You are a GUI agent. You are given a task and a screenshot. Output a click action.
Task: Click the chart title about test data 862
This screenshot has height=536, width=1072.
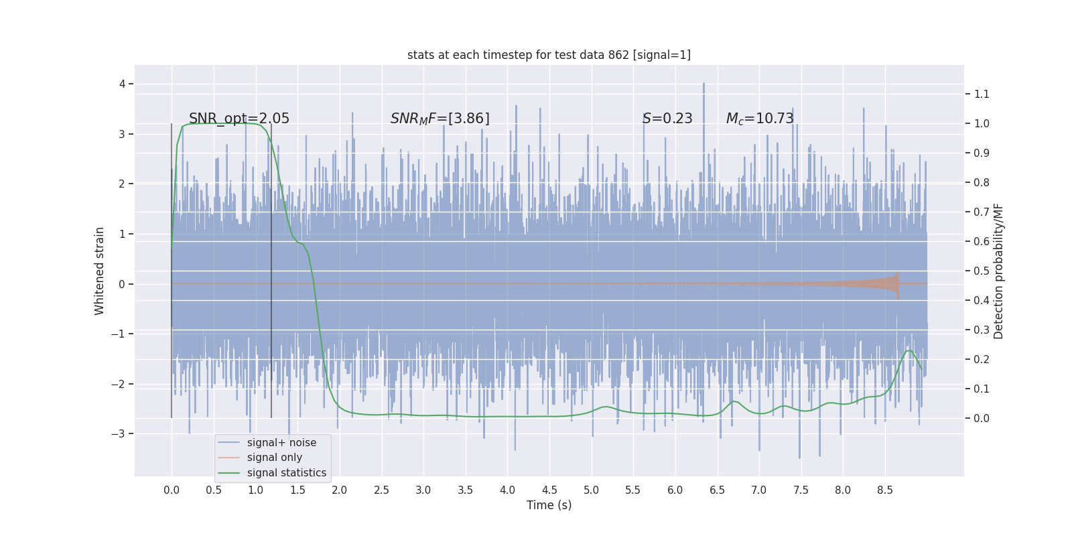pos(549,55)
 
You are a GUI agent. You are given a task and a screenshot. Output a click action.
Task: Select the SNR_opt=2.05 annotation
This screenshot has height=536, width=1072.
pos(239,119)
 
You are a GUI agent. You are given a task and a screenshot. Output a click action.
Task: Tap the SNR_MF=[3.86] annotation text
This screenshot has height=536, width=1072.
pos(440,119)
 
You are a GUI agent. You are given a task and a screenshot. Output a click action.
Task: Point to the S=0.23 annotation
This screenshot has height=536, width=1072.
pos(667,119)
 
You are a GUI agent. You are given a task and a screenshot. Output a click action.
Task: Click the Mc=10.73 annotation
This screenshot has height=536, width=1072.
pos(760,119)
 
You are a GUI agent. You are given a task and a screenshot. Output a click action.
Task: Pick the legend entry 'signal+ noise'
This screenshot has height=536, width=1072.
pos(281,443)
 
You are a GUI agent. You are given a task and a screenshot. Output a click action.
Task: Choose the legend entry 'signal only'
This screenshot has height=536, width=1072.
pos(274,458)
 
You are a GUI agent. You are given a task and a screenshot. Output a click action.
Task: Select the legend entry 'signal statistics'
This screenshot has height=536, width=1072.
pos(286,473)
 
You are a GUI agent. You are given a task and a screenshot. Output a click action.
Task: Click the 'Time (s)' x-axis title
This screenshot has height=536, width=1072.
pos(549,505)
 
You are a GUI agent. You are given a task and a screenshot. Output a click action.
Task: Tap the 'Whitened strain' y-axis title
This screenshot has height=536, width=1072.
pos(100,271)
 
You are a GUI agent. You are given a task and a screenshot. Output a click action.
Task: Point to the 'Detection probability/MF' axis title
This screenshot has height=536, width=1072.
pos(998,271)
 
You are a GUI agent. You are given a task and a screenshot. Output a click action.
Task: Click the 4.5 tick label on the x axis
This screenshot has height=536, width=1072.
pos(549,490)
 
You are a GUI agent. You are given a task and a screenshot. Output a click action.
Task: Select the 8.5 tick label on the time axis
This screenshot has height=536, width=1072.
pos(884,490)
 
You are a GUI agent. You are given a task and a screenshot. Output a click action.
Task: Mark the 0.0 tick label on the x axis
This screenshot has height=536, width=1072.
pos(172,490)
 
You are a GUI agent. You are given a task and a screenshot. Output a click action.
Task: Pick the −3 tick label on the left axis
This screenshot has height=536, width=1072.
pos(118,433)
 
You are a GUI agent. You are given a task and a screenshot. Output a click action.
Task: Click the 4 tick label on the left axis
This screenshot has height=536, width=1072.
pos(122,84)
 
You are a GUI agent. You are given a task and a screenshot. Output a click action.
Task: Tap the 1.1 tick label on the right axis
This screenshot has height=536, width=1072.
pos(982,94)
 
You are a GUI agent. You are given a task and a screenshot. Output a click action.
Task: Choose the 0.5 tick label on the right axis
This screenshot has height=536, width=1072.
pos(982,271)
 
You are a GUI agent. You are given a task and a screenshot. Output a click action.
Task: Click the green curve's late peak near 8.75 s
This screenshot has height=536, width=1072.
pos(909,350)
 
